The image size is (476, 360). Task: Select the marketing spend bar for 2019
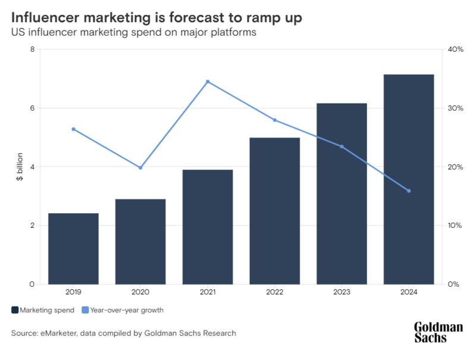click(x=73, y=249)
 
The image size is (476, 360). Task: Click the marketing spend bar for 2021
click(x=208, y=227)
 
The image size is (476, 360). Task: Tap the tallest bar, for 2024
click(x=409, y=179)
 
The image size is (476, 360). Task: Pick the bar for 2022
click(x=275, y=211)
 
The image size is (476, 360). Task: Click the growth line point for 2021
click(x=208, y=82)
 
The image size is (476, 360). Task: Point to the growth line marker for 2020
click(x=140, y=168)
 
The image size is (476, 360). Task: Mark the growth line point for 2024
click(x=409, y=191)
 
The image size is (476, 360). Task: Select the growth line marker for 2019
click(x=73, y=129)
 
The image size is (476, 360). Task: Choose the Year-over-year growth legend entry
click(x=122, y=310)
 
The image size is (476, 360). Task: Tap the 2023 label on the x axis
click(x=342, y=292)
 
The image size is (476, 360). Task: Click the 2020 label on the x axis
click(x=140, y=292)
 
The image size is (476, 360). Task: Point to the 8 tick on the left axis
click(x=32, y=49)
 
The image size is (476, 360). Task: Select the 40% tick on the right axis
click(x=455, y=49)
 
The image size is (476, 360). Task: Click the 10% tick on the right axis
click(x=455, y=226)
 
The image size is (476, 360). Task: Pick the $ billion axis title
click(x=19, y=167)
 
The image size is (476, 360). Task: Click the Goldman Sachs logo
click(x=439, y=332)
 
